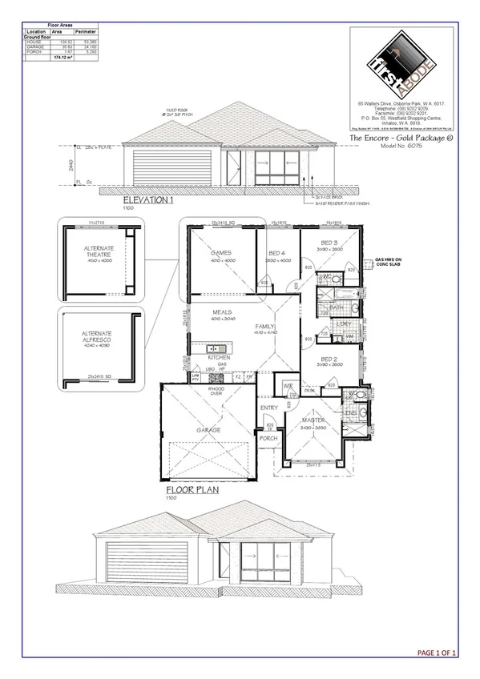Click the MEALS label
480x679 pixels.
[222, 312]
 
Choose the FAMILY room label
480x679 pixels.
[264, 327]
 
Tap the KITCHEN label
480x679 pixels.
[220, 357]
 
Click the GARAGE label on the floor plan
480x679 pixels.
[208, 429]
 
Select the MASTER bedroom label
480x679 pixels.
[312, 420]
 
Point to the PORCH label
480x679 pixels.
[268, 438]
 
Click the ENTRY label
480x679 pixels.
[268, 408]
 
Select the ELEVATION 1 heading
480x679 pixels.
[148, 200]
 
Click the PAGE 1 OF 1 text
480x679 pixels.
[438, 653]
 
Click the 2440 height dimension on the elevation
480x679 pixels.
[70, 167]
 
